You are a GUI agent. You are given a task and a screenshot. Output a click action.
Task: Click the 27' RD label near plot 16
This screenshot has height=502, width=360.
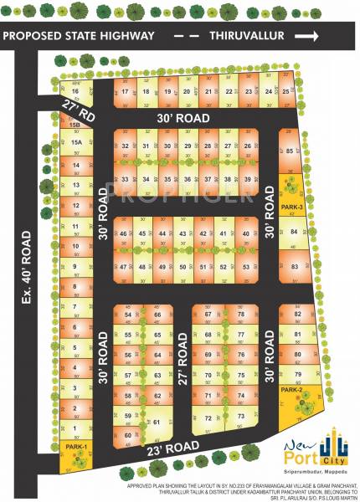75,107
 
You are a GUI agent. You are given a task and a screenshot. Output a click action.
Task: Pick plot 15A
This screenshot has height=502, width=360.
76,143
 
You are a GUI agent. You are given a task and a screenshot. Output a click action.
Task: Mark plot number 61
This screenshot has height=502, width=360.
157,422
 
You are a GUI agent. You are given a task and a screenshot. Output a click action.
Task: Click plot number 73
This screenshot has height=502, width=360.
241,416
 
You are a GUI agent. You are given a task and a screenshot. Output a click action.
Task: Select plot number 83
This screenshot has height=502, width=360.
294,266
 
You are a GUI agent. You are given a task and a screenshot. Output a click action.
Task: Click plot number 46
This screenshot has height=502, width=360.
124,233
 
